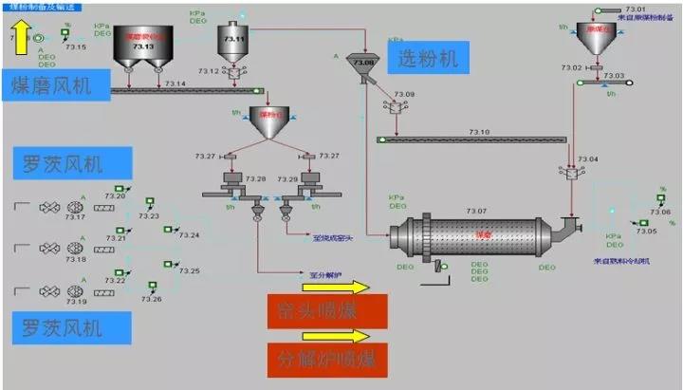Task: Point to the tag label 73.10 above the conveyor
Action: coord(479,132)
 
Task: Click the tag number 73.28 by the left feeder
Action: coord(231,179)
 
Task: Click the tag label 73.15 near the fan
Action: coord(76,46)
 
